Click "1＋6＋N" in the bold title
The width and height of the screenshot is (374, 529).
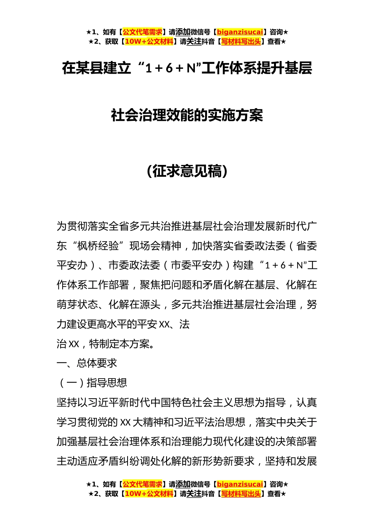coord(170,68)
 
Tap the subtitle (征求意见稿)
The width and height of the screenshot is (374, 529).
coord(187,171)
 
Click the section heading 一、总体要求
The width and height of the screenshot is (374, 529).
coord(87,363)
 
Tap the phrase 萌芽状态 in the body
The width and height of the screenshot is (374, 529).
coord(77,305)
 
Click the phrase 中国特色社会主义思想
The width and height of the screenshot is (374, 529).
coord(197,402)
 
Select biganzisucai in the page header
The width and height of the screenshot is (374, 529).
coord(240,32)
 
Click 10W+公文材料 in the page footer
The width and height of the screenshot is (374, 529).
coord(149,494)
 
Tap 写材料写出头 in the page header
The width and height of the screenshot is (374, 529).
coord(241,41)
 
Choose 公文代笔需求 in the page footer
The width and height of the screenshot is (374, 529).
coord(143,484)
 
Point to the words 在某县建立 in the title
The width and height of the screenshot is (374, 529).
coord(96,68)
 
